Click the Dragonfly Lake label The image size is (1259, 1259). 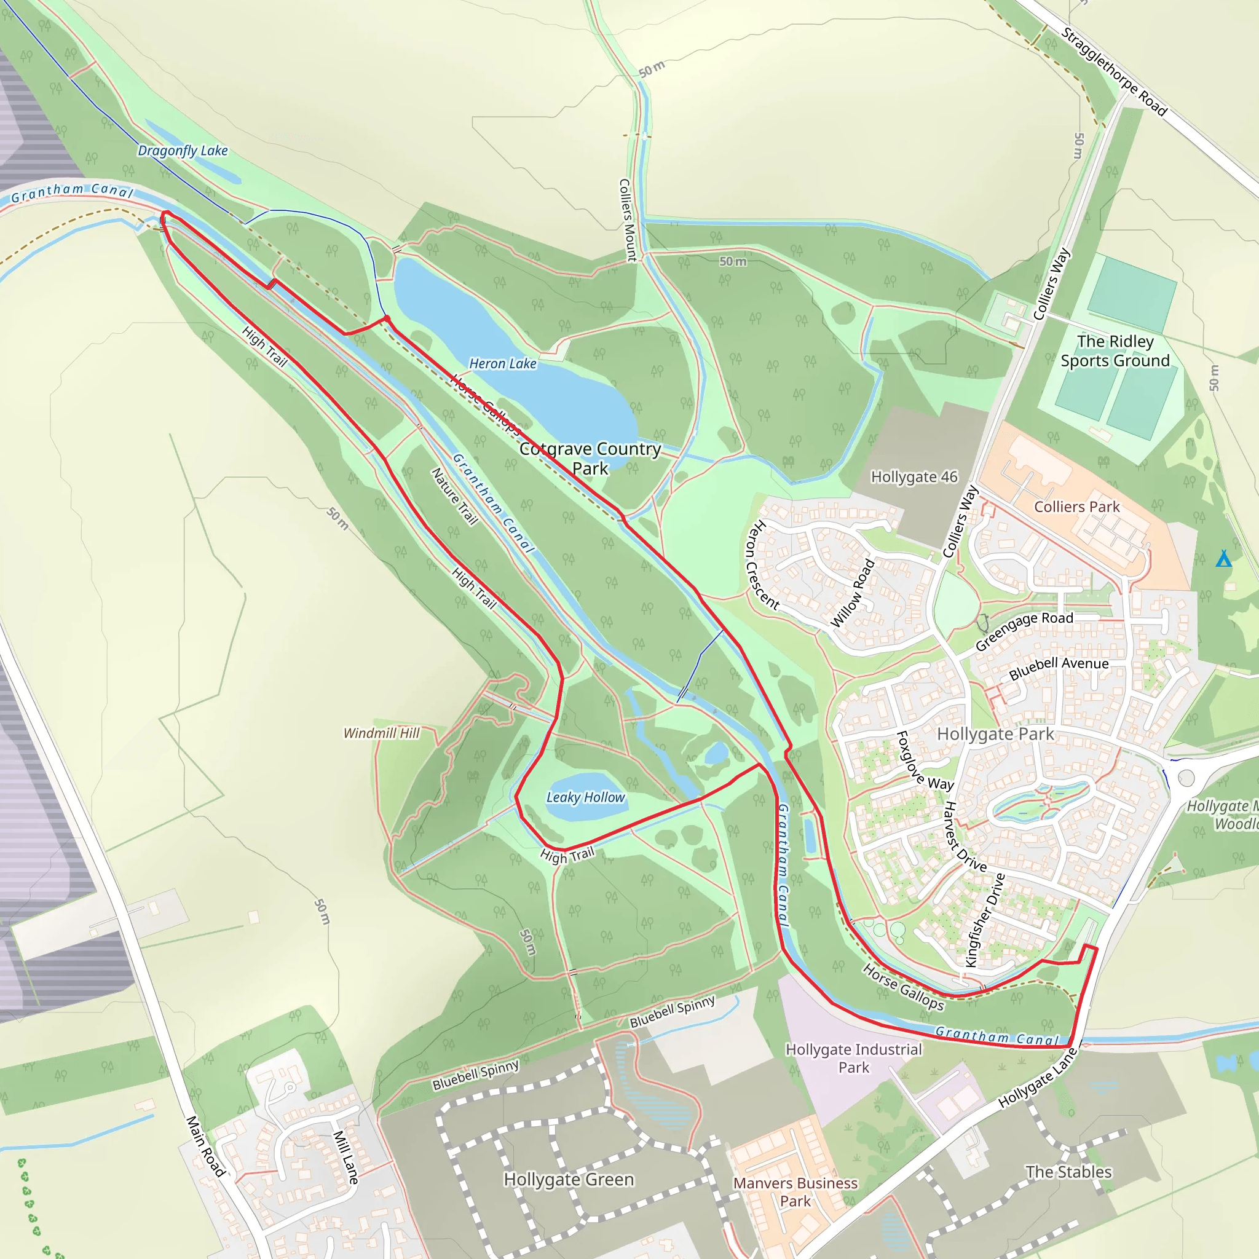[x=183, y=151]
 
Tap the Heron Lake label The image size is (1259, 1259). [x=502, y=364]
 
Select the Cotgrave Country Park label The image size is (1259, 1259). [x=590, y=458]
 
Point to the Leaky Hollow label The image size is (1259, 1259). [x=585, y=797]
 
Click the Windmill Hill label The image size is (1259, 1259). [x=381, y=733]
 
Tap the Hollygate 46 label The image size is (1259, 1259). [x=914, y=477]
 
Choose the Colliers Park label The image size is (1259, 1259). [x=1076, y=507]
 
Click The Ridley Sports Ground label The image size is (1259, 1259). [x=1115, y=351]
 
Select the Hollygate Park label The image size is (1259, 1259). [x=995, y=735]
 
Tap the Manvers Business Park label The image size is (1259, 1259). [x=795, y=1192]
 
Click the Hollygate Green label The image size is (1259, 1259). [x=569, y=1180]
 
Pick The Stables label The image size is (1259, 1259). [x=1068, y=1172]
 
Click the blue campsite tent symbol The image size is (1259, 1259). [x=1223, y=559]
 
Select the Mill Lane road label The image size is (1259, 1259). [x=345, y=1157]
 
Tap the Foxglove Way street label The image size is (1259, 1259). [x=925, y=761]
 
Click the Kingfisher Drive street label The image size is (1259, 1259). [x=985, y=920]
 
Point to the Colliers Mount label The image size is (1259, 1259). [x=627, y=220]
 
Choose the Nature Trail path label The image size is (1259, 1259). [x=455, y=497]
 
